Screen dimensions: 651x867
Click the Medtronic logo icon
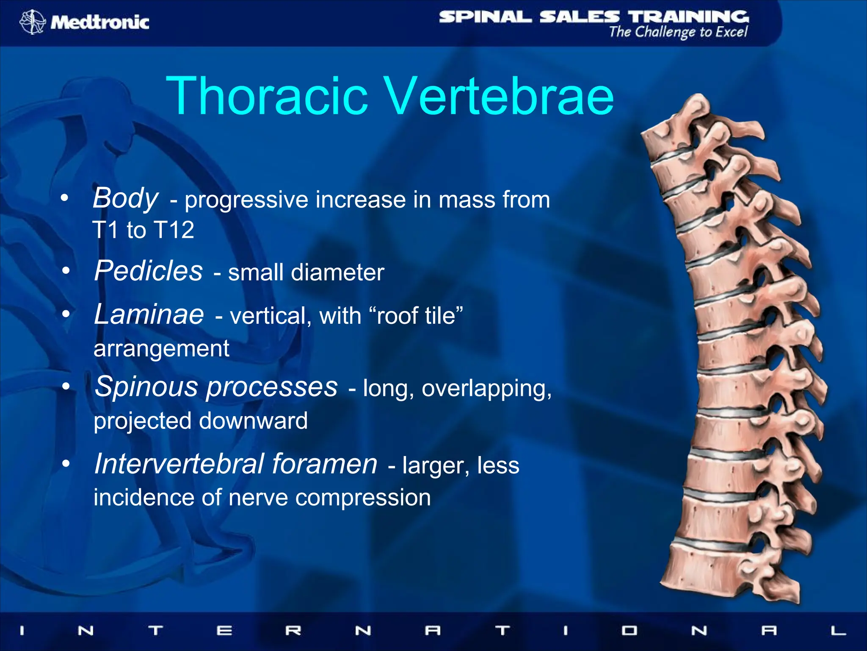coord(32,22)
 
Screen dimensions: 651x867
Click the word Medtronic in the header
coord(100,22)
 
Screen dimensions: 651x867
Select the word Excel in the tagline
coord(731,32)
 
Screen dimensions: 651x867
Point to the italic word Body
coord(125,198)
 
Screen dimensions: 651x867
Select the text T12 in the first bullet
coord(174,230)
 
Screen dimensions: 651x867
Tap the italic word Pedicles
coord(149,271)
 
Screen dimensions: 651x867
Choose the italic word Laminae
coord(149,314)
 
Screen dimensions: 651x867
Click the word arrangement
coord(161,349)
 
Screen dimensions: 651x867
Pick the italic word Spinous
coord(146,387)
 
